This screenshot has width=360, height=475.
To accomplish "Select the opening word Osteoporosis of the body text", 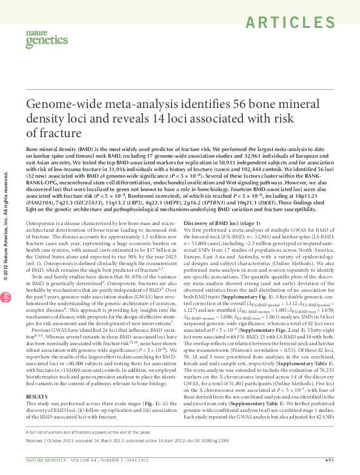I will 42,224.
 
